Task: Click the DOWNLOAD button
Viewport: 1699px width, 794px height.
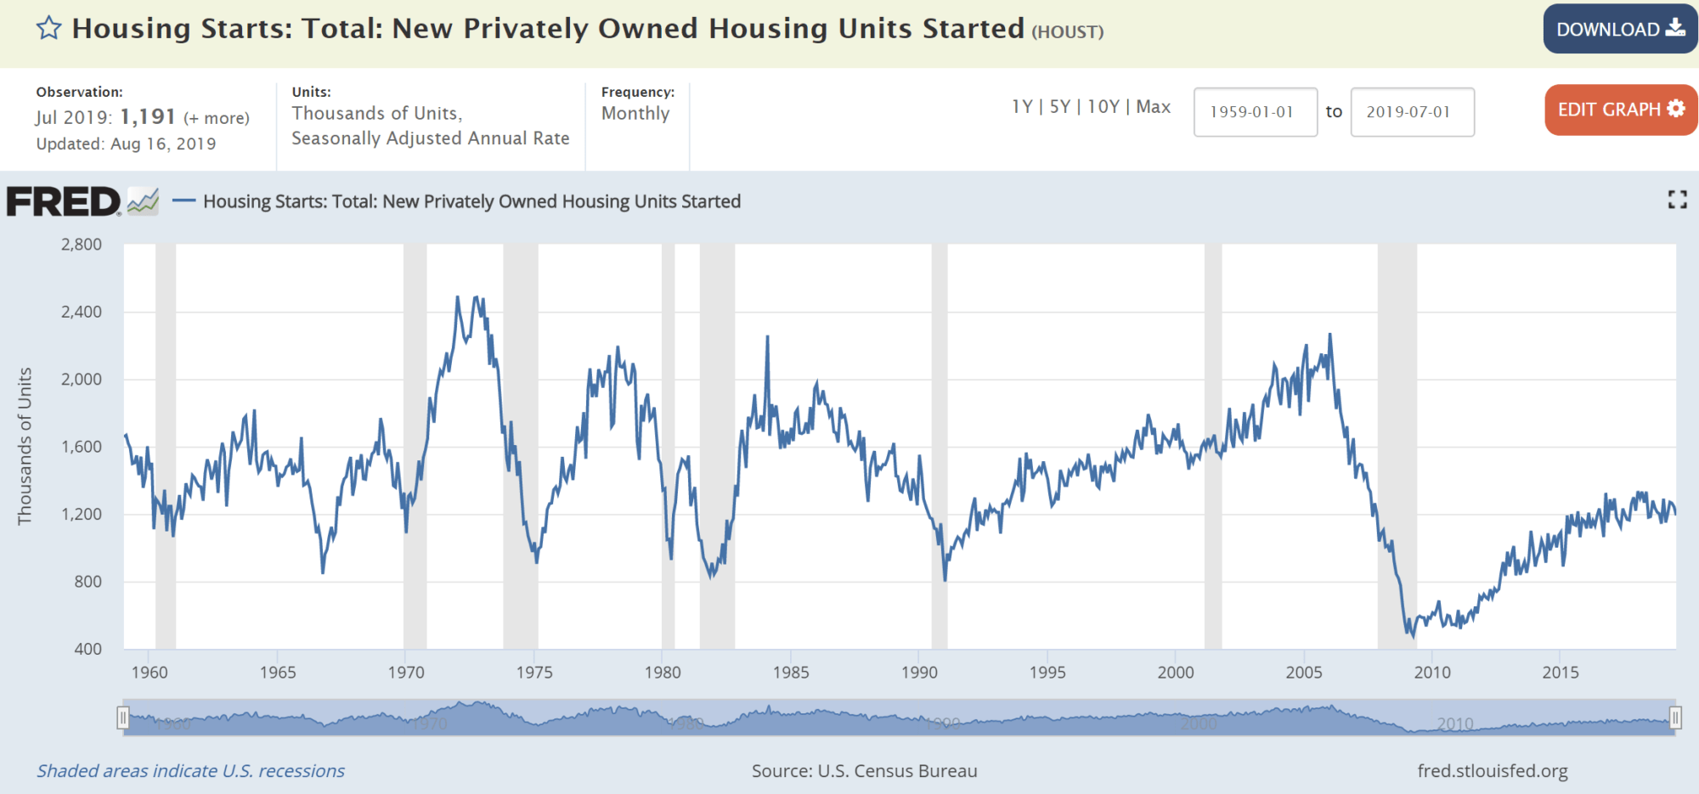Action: click(1619, 29)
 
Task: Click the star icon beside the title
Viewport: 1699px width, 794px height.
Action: click(48, 28)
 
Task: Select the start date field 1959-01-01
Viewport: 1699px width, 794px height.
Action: click(1255, 112)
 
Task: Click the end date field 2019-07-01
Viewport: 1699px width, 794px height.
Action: click(1412, 112)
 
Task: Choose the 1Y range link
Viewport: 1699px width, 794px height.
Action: click(1021, 107)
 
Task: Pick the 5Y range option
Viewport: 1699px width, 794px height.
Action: click(1059, 107)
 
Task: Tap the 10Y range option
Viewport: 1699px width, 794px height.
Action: click(1103, 107)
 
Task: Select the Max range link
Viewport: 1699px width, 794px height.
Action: click(1153, 107)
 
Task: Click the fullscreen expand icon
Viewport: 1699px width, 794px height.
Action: click(1677, 200)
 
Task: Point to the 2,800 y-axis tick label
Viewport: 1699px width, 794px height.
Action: click(82, 245)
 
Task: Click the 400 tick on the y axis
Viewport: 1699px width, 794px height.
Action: click(88, 649)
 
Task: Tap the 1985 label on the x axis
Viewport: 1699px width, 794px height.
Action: click(791, 673)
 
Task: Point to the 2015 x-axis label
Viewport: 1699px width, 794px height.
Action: click(1561, 673)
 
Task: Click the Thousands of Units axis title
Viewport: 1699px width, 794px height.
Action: click(25, 446)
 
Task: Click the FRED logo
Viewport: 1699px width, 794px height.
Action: click(65, 202)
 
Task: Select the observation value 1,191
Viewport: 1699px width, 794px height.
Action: click(148, 116)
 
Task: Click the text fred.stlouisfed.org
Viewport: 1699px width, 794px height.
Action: click(1492, 771)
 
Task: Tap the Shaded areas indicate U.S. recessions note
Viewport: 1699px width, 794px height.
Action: click(190, 771)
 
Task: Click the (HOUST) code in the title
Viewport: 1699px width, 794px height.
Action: click(1067, 32)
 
